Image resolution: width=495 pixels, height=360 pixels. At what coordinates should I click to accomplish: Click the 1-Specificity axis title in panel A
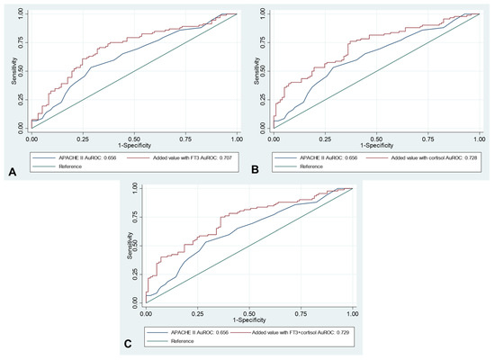click(x=134, y=143)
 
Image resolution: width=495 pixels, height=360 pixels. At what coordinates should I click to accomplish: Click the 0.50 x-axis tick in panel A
click(x=134, y=137)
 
